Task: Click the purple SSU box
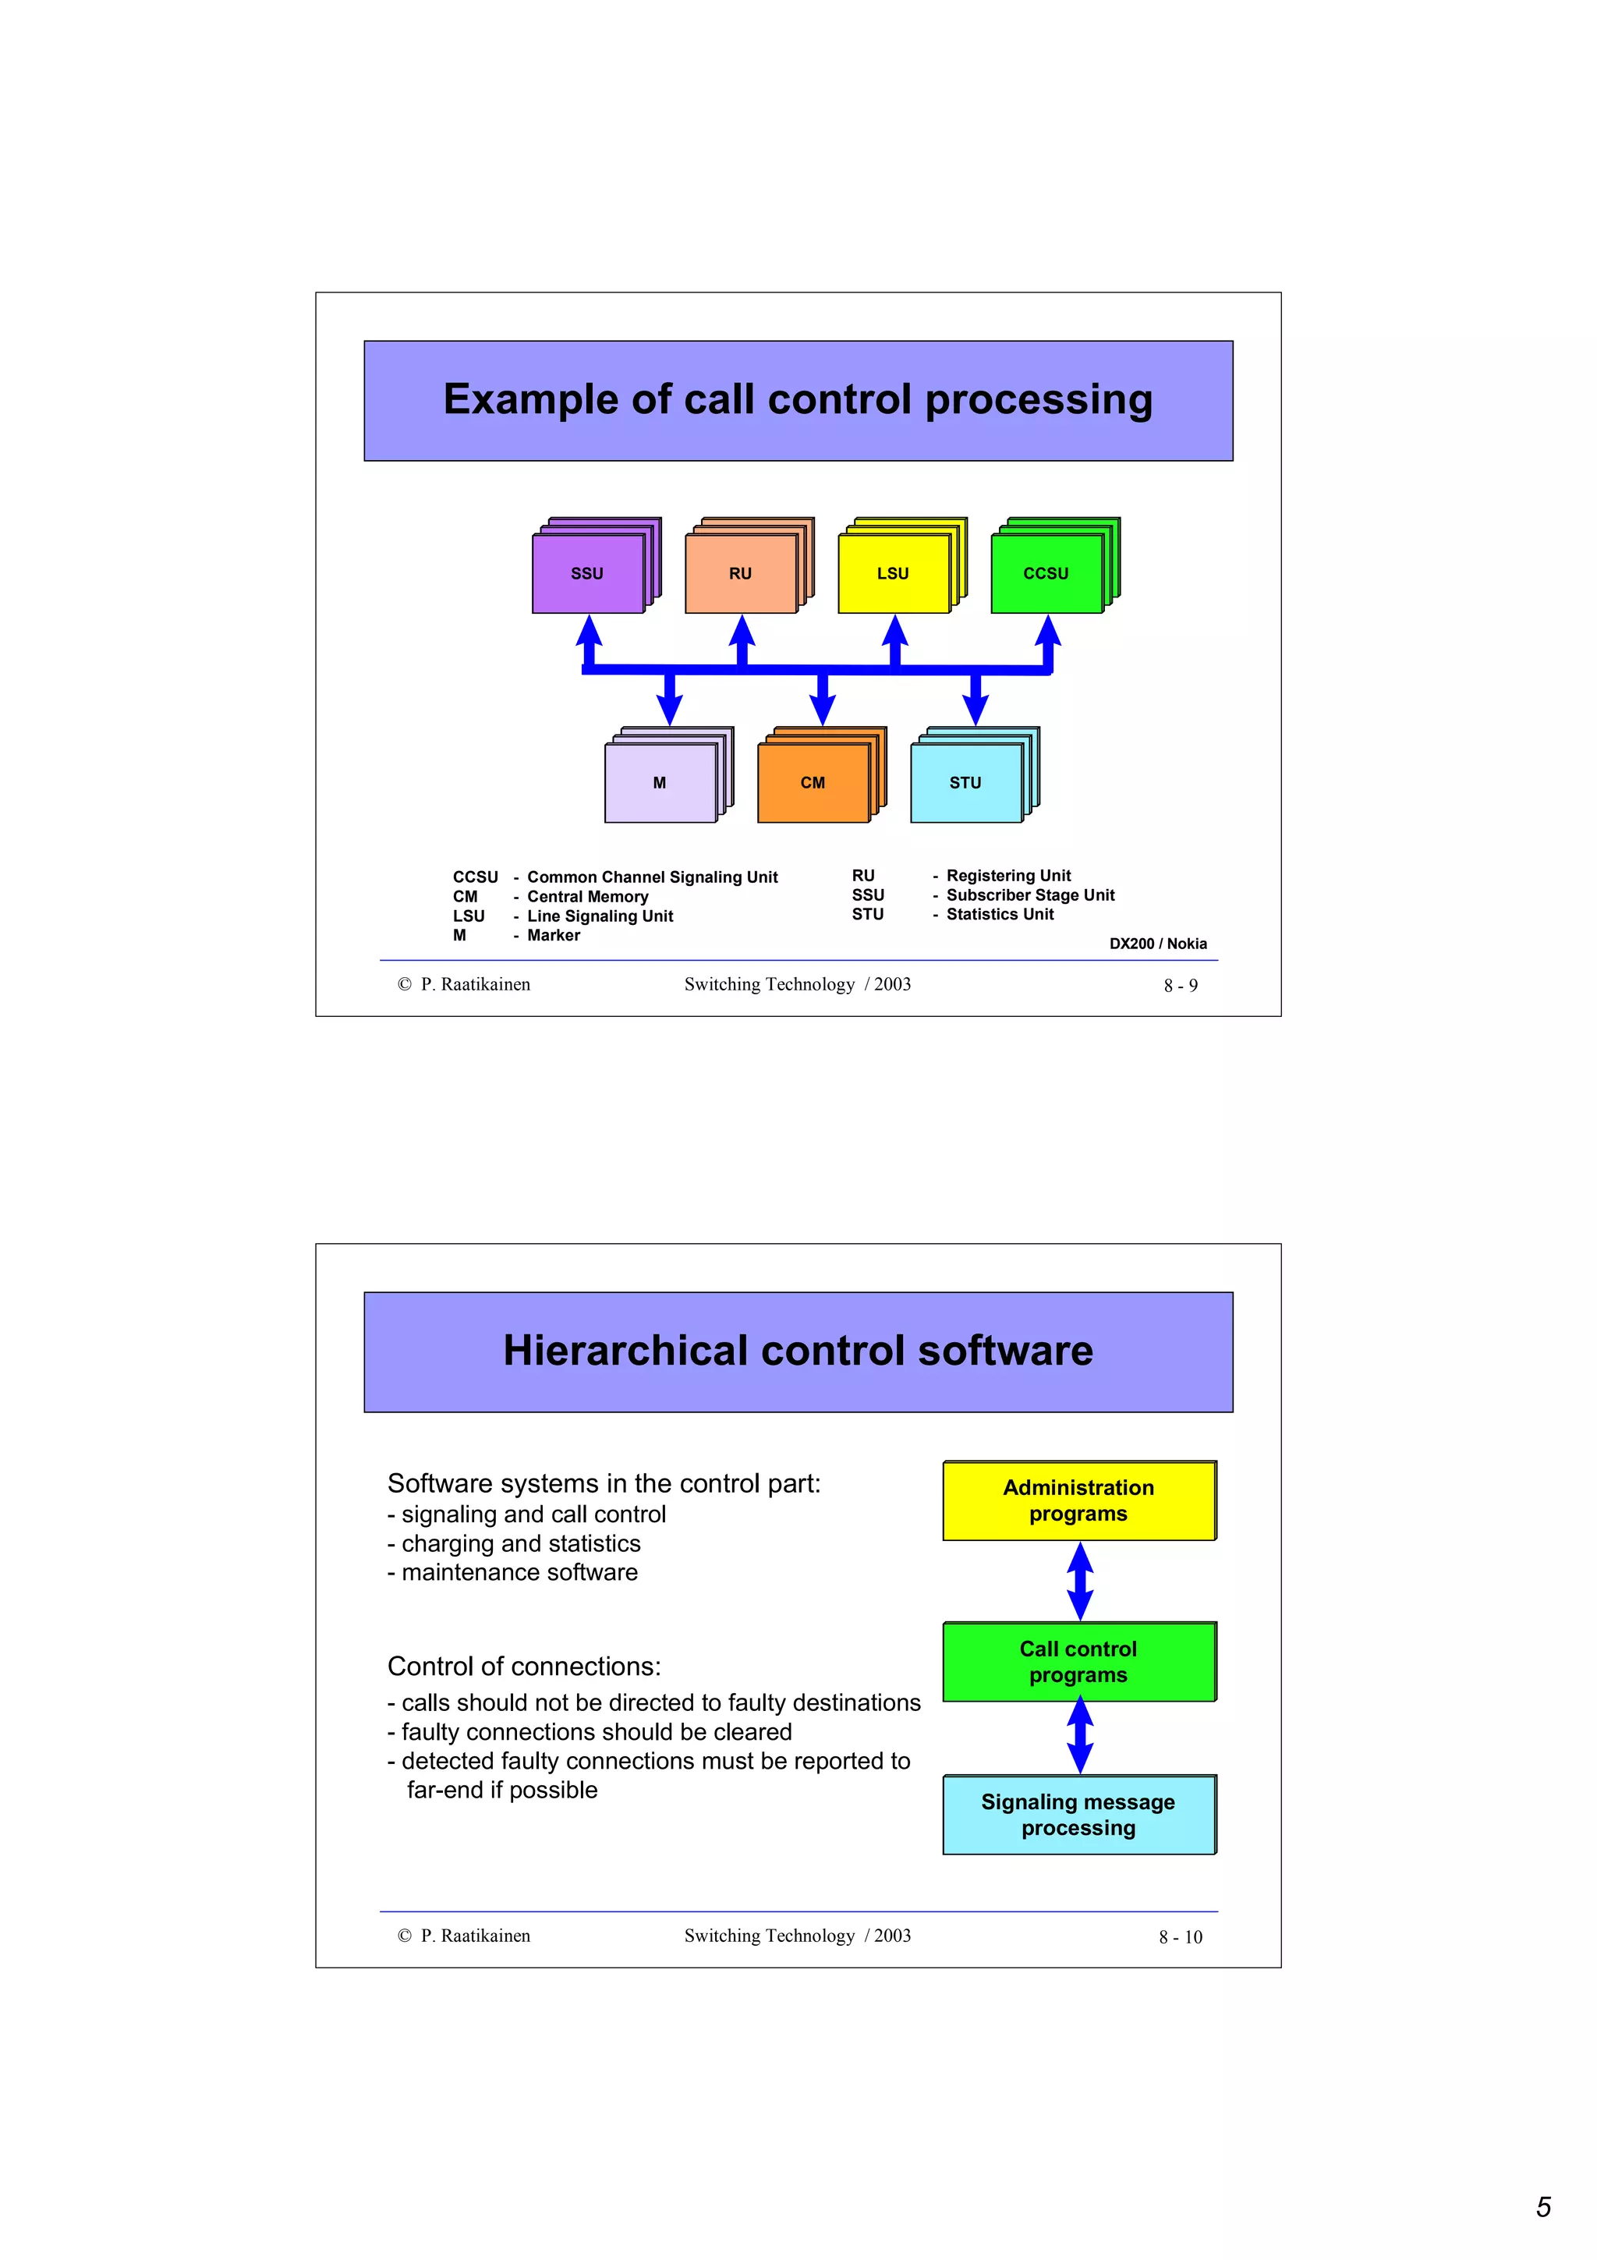pos(587,573)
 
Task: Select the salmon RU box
pos(741,573)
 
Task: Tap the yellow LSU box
pos(894,573)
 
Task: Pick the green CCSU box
pos(1046,573)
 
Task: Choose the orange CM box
pos(813,782)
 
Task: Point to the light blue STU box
pos(965,782)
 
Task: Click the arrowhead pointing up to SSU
pos(589,631)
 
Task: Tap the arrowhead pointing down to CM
pos(823,710)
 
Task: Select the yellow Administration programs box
pos(1078,1501)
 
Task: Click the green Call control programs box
pos(1078,1662)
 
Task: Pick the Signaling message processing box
pos(1078,1814)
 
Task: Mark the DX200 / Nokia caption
pos(1157,943)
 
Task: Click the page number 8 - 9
pos(1180,985)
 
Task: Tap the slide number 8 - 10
pos(1180,1937)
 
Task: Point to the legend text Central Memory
pos(587,897)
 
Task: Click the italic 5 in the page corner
pos(1543,2207)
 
